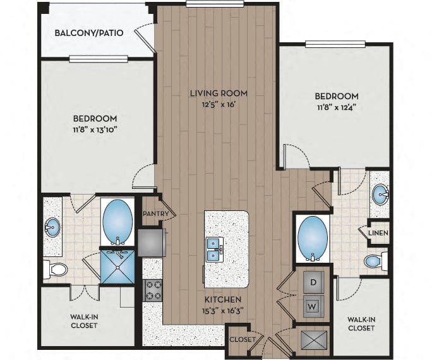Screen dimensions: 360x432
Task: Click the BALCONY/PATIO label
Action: [x=88, y=33]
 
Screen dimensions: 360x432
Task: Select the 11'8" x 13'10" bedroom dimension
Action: [x=95, y=130]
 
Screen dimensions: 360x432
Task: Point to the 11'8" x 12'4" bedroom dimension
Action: [x=336, y=108]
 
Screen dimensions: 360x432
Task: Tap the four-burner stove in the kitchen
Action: [x=153, y=290]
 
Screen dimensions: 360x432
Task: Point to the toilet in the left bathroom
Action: [x=57, y=270]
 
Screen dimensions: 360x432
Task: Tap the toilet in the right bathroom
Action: [x=374, y=261]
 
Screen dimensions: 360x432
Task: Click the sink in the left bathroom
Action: [x=52, y=226]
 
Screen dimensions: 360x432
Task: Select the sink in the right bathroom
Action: [x=380, y=195]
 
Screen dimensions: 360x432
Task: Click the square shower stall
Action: [x=117, y=267]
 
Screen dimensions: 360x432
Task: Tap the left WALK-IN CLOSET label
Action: [x=83, y=321]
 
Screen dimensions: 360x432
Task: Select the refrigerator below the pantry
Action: [x=152, y=241]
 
